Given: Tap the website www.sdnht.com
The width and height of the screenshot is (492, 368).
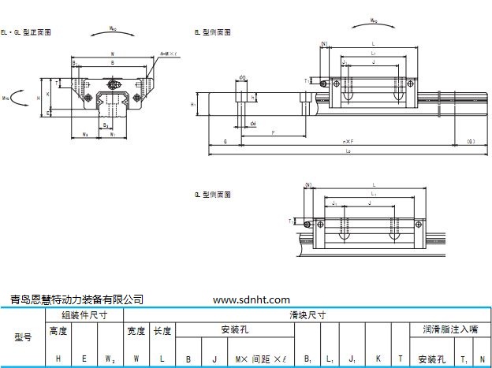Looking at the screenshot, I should click(x=252, y=299).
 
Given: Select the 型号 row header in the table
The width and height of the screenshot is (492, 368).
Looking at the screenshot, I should click(x=24, y=336).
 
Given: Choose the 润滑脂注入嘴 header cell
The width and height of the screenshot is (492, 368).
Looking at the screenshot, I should click(x=449, y=330).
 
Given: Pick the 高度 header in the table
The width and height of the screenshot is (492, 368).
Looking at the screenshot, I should click(x=58, y=331).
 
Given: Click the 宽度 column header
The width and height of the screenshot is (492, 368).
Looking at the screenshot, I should click(x=136, y=331).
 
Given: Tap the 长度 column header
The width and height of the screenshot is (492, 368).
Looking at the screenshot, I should click(x=162, y=331).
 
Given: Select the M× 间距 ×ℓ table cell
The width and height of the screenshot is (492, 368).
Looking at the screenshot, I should click(x=259, y=359).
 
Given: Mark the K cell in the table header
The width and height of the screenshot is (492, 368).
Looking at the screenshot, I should click(x=378, y=359).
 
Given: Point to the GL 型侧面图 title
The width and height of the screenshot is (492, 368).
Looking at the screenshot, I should click(x=212, y=193).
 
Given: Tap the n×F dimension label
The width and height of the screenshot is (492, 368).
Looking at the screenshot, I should click(x=348, y=140).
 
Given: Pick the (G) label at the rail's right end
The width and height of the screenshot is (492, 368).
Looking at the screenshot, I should click(x=470, y=140).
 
